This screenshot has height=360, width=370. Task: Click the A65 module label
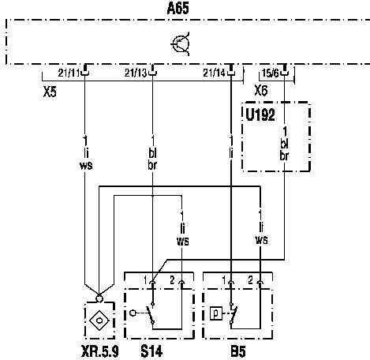tap(178, 8)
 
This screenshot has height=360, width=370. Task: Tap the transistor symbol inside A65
tap(181, 43)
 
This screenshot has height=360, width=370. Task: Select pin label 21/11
tap(69, 73)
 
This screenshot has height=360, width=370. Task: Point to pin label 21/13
tap(136, 73)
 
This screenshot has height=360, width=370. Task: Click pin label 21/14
tap(214, 73)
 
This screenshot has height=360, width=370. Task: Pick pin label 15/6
tap(271, 73)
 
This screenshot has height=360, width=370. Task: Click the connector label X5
tap(50, 92)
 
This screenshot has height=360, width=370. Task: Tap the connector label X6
tap(261, 91)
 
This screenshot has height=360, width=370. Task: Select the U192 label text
tap(260, 115)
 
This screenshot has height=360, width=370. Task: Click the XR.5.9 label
tap(100, 351)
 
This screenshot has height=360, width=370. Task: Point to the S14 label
tap(151, 351)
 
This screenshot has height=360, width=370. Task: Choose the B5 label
tap(238, 351)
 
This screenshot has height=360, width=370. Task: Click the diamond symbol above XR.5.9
tap(99, 320)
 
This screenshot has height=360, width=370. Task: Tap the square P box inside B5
tap(216, 313)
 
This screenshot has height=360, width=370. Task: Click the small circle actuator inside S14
tap(133, 313)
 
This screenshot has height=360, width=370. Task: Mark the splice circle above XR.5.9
tap(99, 298)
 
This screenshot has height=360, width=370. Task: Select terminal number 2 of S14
tap(172, 280)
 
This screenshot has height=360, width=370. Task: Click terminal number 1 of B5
tap(224, 280)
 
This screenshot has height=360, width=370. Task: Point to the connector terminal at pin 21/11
tap(84, 70)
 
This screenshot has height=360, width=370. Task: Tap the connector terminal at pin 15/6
tap(284, 70)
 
